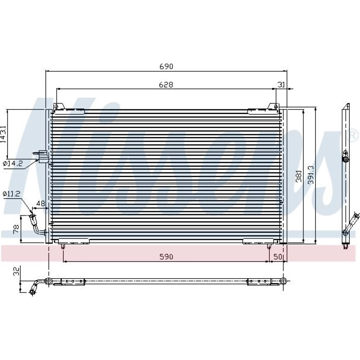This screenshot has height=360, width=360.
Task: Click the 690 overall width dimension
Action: click(166, 66)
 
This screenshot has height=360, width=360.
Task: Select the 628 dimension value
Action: click(166, 85)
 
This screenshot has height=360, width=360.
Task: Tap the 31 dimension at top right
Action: click(281, 85)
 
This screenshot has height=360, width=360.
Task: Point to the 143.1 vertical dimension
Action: click(3, 134)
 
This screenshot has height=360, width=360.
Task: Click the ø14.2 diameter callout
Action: click(13, 164)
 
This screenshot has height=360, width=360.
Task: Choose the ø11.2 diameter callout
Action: click(12, 194)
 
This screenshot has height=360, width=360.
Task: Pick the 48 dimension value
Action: click(41, 203)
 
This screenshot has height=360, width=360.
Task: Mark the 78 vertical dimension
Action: click(16, 229)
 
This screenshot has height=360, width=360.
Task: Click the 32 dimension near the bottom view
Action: click(16, 271)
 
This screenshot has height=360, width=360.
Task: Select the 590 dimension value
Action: click(166, 257)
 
